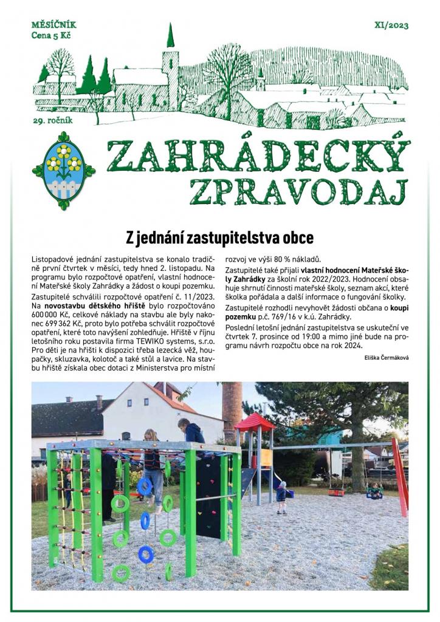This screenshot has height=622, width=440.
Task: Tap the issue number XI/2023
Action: [x=392, y=26]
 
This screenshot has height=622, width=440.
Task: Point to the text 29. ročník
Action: [x=53, y=120]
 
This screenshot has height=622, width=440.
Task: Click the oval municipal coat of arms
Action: [x=63, y=170]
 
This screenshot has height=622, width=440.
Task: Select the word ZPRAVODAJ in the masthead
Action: [x=297, y=191]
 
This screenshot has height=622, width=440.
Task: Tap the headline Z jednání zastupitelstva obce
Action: [x=219, y=236]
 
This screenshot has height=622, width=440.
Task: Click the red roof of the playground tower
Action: [x=255, y=421]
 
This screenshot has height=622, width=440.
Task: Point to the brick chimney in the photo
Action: [x=232, y=403]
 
